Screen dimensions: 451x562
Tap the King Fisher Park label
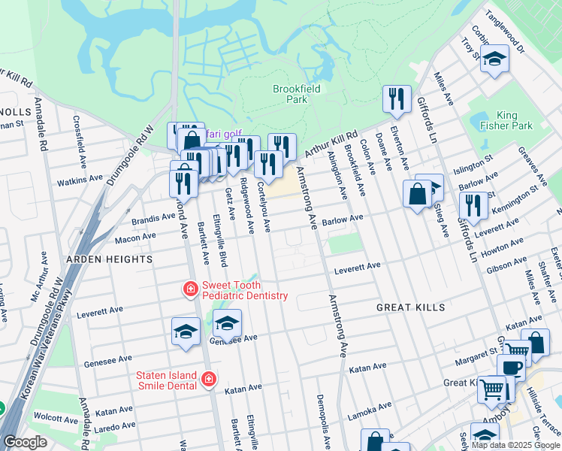click(x=518, y=120)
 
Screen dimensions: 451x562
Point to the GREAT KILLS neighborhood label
click(x=410, y=307)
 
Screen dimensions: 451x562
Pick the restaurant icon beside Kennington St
click(x=473, y=203)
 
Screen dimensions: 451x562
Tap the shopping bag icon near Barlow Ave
click(x=417, y=194)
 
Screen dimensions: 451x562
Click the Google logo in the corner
click(x=25, y=442)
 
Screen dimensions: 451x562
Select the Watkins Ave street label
click(x=80, y=179)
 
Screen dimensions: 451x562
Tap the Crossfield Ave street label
click(x=78, y=140)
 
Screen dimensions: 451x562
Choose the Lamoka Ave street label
click(x=370, y=410)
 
